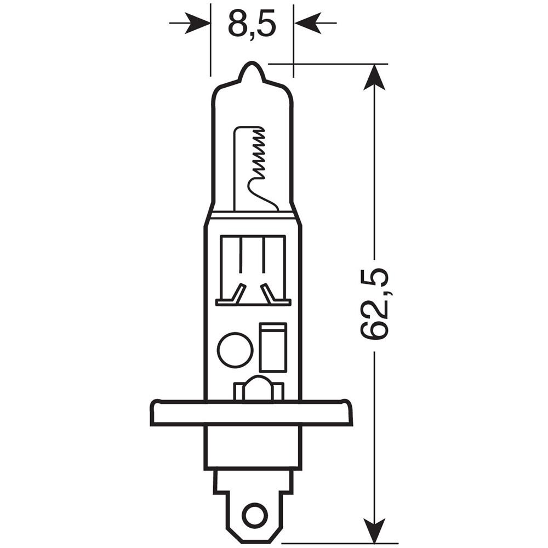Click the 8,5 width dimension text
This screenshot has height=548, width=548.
[252, 23]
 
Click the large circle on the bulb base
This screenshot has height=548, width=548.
[235, 350]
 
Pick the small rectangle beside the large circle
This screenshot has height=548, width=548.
[273, 347]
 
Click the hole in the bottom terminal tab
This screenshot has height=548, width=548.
[253, 515]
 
